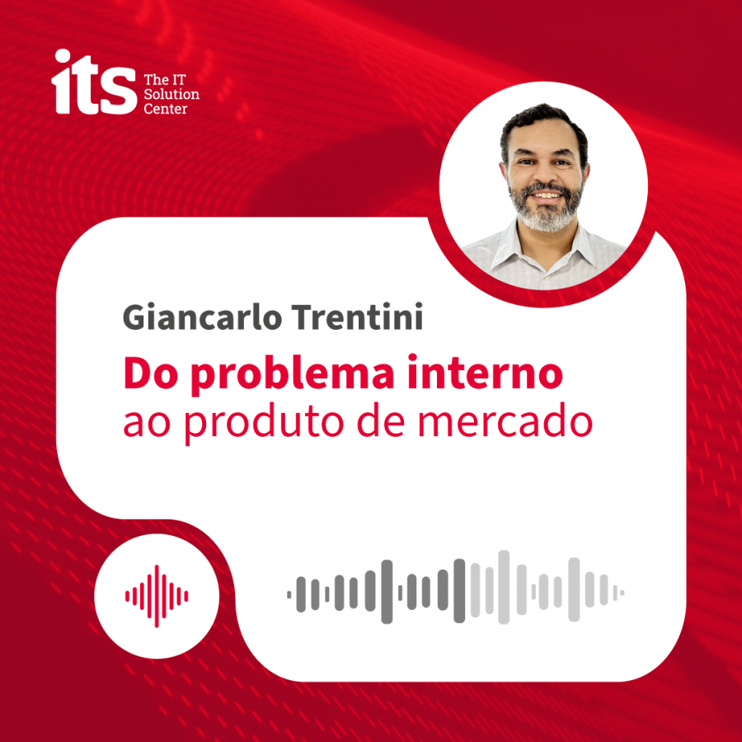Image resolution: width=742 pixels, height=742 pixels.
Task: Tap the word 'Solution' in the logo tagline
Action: [x=171, y=94]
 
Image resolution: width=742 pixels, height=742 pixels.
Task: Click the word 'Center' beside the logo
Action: [x=166, y=109]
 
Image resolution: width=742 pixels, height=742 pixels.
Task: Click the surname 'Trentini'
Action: [x=357, y=317]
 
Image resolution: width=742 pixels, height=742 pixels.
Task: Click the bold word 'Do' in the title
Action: [x=151, y=373]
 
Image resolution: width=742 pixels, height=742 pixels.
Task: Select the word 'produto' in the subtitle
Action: [x=264, y=422]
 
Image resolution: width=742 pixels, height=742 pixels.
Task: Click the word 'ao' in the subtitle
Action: [x=147, y=424]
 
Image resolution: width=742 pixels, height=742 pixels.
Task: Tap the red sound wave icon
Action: [x=157, y=596]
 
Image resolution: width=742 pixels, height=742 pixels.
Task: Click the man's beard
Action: [x=547, y=209]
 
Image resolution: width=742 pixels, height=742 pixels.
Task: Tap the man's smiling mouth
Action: [x=546, y=195]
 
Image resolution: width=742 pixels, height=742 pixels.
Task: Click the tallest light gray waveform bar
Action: [x=504, y=587]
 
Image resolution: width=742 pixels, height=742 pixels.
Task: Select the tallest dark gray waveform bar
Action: [x=387, y=591]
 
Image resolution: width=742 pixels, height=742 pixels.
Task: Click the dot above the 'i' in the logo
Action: [x=63, y=56]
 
